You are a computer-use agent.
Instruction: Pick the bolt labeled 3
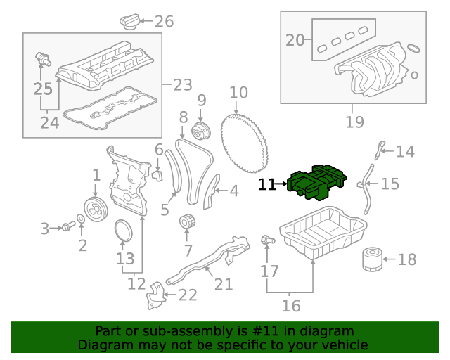[67, 226]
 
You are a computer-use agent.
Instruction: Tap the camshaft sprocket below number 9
[200, 130]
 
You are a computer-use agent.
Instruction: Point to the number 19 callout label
[354, 122]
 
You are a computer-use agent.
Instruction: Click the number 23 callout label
[182, 85]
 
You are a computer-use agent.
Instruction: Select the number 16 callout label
[290, 306]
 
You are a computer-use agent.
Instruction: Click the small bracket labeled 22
[154, 296]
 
